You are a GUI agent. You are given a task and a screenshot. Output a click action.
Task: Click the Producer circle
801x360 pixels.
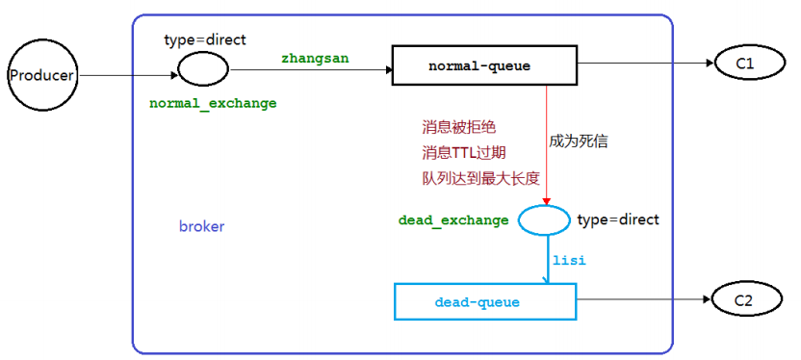[x=40, y=75]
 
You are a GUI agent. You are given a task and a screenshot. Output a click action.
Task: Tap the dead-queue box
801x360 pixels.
[x=484, y=302]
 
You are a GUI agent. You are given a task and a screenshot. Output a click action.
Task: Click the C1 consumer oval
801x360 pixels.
[x=744, y=64]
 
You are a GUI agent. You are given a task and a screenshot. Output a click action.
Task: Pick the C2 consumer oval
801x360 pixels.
[x=744, y=301]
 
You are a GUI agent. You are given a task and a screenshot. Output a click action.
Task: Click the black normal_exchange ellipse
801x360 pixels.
[x=203, y=68]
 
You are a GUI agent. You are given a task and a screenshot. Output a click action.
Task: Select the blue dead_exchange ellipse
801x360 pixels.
[x=544, y=220]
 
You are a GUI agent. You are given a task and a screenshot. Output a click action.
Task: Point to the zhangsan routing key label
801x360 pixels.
[x=314, y=58]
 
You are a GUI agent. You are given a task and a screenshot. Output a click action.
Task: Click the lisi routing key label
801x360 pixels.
[x=568, y=260]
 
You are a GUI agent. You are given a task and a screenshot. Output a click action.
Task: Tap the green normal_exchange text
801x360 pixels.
[x=213, y=102]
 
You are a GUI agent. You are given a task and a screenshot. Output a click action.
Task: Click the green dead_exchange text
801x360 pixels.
[x=452, y=220]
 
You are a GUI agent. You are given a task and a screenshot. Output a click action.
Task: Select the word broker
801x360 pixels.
[x=201, y=226]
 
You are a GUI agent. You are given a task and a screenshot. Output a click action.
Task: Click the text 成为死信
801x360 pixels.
[x=579, y=141]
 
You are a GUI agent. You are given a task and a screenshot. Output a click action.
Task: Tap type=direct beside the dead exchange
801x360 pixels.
[x=618, y=219]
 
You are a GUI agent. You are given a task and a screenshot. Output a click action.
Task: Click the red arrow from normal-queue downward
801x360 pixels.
[x=546, y=144]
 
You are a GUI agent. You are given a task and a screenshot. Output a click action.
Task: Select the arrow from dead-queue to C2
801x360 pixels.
[x=643, y=300]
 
